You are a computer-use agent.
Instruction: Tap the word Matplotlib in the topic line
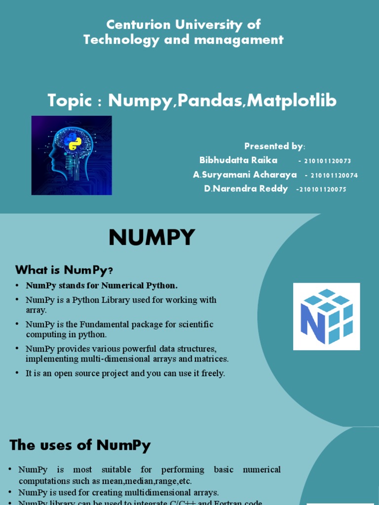[x=292, y=101]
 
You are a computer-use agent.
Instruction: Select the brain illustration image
[x=72, y=155]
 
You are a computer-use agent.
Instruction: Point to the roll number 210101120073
[x=327, y=161]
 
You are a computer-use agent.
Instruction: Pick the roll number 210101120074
[x=334, y=176]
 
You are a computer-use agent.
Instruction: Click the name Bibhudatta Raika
[x=238, y=160]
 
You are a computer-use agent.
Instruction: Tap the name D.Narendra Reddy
[x=246, y=189]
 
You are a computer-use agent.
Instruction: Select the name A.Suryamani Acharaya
[x=245, y=175]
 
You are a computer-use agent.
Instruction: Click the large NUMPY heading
[x=152, y=238]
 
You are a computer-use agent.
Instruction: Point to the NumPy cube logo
[x=327, y=317]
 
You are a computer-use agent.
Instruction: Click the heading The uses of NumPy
[x=80, y=445]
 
